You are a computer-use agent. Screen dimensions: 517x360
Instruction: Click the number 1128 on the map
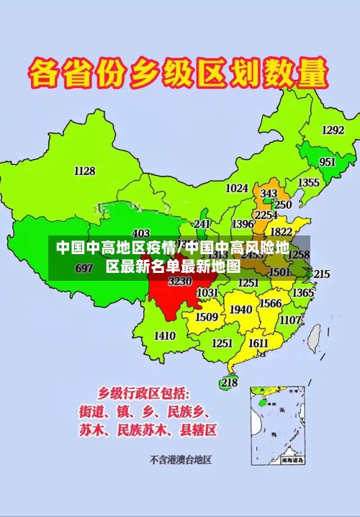point(84,171)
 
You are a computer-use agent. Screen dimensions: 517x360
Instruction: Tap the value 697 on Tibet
point(84,269)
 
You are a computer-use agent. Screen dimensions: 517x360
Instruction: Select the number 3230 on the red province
point(180,281)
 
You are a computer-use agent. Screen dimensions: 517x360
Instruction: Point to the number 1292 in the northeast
point(333,130)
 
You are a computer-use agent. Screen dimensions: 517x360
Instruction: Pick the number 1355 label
point(309,183)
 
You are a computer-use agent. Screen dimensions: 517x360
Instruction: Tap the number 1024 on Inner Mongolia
point(237,189)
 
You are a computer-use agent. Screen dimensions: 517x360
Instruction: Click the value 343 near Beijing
point(269,194)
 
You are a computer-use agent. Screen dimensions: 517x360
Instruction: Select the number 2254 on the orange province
point(266,215)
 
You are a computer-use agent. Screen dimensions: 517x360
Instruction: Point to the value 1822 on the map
point(282,232)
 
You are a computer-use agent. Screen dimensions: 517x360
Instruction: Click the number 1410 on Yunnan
point(165,336)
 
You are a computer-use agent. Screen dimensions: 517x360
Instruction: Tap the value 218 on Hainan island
point(229,382)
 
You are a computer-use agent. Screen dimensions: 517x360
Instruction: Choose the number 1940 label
point(241,310)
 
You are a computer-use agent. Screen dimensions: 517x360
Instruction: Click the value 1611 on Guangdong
point(258,343)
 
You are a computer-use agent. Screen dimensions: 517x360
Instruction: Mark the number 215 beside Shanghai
point(321,274)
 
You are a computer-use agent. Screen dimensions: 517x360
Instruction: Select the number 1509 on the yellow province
point(207,317)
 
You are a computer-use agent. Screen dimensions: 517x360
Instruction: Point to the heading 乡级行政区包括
point(144,393)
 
